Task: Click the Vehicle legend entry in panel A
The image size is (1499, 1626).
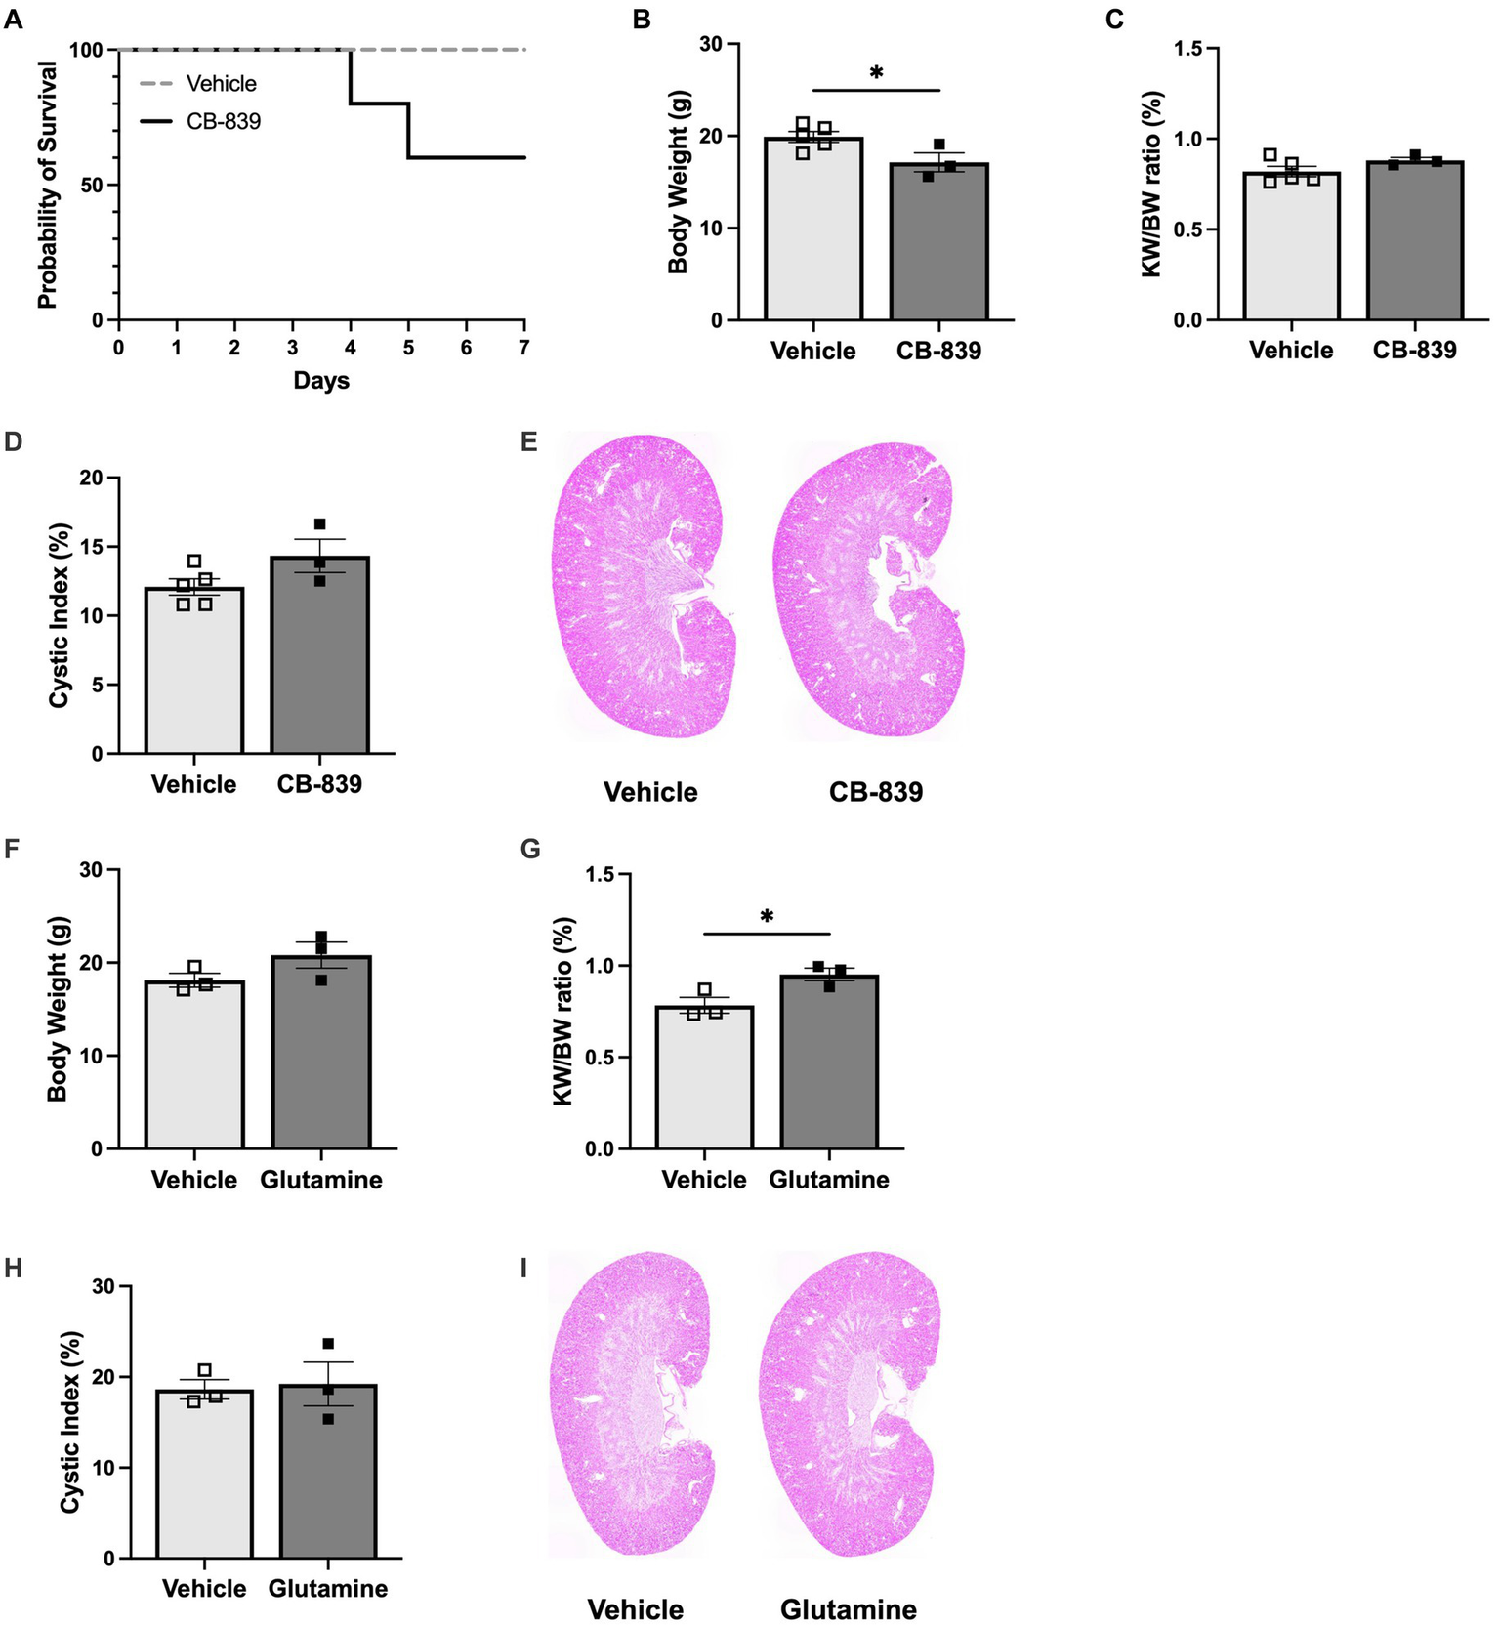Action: [221, 84]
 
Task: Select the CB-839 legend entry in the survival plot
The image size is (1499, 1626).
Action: [224, 122]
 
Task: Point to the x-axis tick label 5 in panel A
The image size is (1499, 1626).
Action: [408, 347]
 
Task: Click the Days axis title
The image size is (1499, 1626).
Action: [321, 381]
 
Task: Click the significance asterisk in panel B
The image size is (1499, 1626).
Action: [876, 73]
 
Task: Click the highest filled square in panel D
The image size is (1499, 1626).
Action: [319, 524]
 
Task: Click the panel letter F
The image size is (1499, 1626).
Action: [13, 848]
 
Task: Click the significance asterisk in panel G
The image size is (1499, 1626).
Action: [767, 917]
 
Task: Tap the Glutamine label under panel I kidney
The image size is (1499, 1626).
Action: [848, 1608]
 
